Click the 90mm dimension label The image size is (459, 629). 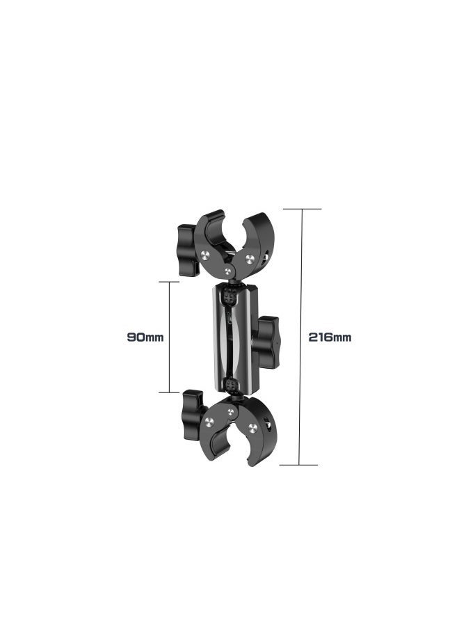click(145, 337)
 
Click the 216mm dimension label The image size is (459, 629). click(330, 337)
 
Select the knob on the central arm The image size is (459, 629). click(267, 342)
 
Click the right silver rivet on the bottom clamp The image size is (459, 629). click(252, 427)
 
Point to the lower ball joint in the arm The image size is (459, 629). click(229, 384)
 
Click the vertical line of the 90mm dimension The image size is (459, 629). click(169, 337)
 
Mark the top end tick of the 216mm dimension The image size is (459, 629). click(301, 209)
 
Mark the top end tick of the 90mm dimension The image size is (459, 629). click(169, 282)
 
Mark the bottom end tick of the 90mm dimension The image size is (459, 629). click(169, 392)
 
